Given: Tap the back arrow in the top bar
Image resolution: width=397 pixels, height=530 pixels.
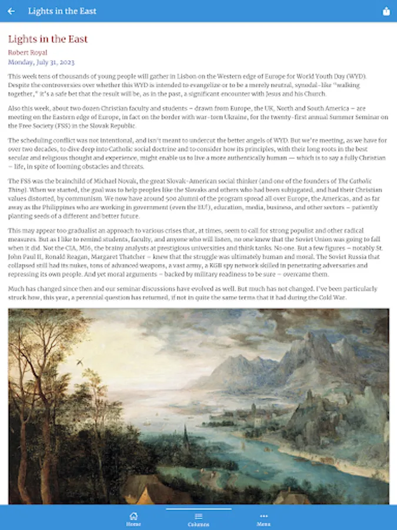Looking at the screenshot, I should pyautogui.click(x=11, y=11).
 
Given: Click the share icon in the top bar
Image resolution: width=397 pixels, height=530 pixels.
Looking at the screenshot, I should pyautogui.click(x=386, y=11).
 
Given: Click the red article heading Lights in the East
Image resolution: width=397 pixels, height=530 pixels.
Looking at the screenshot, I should pyautogui.click(x=48, y=39).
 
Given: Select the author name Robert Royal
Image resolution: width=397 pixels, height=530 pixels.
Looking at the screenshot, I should pyautogui.click(x=28, y=52).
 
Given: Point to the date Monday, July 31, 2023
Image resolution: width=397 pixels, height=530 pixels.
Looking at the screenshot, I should pyautogui.click(x=41, y=62).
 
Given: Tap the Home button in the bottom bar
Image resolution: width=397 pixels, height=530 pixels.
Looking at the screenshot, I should pyautogui.click(x=134, y=519).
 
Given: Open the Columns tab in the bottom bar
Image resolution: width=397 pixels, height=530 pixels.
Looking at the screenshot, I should pyautogui.click(x=198, y=519).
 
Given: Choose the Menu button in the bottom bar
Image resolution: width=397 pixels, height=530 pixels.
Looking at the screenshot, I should pyautogui.click(x=263, y=519).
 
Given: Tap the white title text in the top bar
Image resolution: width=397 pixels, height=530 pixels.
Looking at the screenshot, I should pyautogui.click(x=62, y=11).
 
